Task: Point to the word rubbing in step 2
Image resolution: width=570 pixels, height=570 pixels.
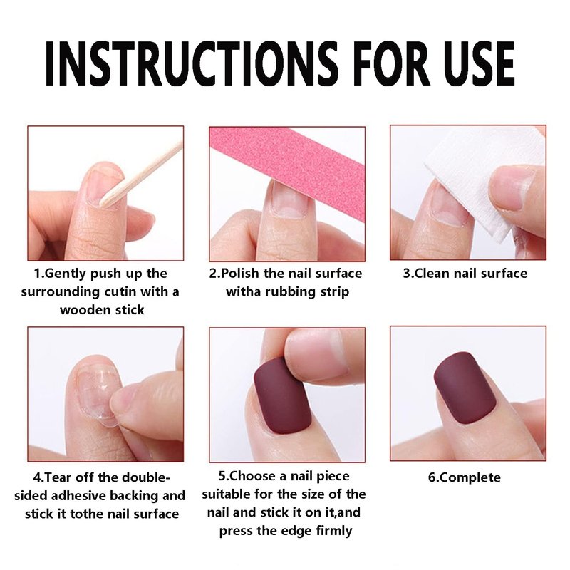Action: (289, 292)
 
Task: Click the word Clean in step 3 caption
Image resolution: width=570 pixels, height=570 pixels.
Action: (431, 273)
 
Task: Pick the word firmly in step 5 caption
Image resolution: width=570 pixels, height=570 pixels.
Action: (334, 531)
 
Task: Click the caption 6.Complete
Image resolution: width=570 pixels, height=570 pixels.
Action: (465, 477)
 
